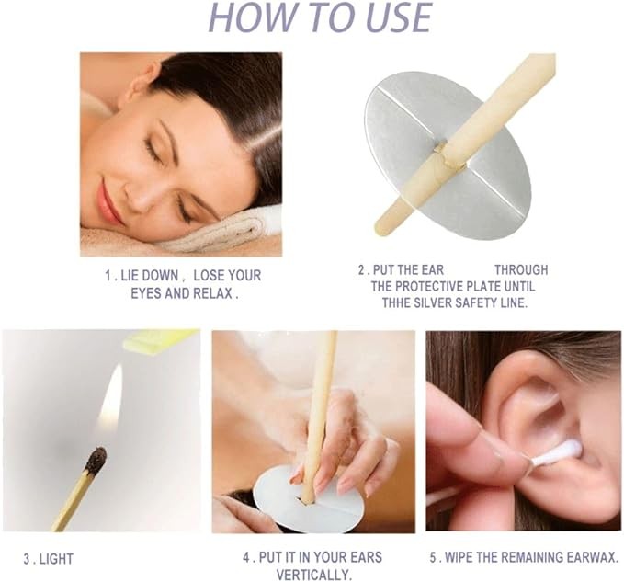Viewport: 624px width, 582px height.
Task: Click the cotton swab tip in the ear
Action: pyautogui.click(x=568, y=452)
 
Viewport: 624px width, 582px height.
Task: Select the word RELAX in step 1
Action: pyautogui.click(x=212, y=294)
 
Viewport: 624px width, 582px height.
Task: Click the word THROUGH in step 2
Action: pyautogui.click(x=521, y=270)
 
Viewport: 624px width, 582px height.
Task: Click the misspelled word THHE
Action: pyautogui.click(x=395, y=302)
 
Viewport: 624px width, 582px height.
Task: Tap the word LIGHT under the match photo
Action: pyautogui.click(x=56, y=559)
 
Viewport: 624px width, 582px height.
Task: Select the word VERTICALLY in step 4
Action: pyautogui.click(x=312, y=575)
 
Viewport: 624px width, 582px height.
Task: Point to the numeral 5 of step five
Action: pyautogui.click(x=434, y=557)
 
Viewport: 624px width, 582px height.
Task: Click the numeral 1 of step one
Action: pyautogui.click(x=107, y=276)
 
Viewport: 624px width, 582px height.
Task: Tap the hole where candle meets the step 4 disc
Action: pyautogui.click(x=307, y=500)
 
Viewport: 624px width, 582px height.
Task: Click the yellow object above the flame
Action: pyautogui.click(x=161, y=341)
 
